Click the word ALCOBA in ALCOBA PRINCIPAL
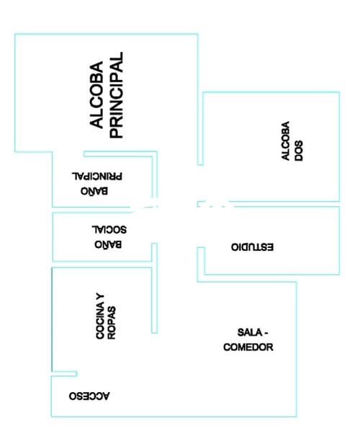coord(96,95)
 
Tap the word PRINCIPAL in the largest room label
coord(116,95)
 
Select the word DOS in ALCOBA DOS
coord(299,151)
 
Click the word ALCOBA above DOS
coord(286,141)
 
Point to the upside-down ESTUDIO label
coord(252,247)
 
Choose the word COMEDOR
coord(248,347)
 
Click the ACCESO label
coord(89,396)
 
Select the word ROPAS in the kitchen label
coord(112,323)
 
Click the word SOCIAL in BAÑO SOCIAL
coord(109,230)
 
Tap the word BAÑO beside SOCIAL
coord(108,244)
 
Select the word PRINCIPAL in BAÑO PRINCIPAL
coord(97,177)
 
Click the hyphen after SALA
coord(265,333)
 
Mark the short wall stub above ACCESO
coord(65,374)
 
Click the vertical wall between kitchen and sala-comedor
coord(155,288)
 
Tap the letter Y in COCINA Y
coord(100,297)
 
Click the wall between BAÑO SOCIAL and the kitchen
coord(102,264)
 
